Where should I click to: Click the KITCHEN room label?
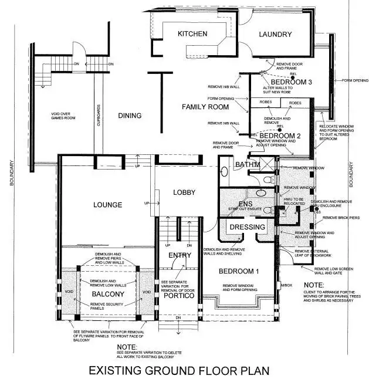192,34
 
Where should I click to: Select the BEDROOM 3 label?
287,81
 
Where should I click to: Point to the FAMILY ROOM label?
205,107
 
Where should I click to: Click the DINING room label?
129,116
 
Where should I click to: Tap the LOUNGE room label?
107,205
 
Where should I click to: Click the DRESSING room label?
247,226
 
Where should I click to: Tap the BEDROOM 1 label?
238,271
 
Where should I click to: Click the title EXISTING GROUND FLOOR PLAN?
179,370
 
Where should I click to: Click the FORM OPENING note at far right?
355,80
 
